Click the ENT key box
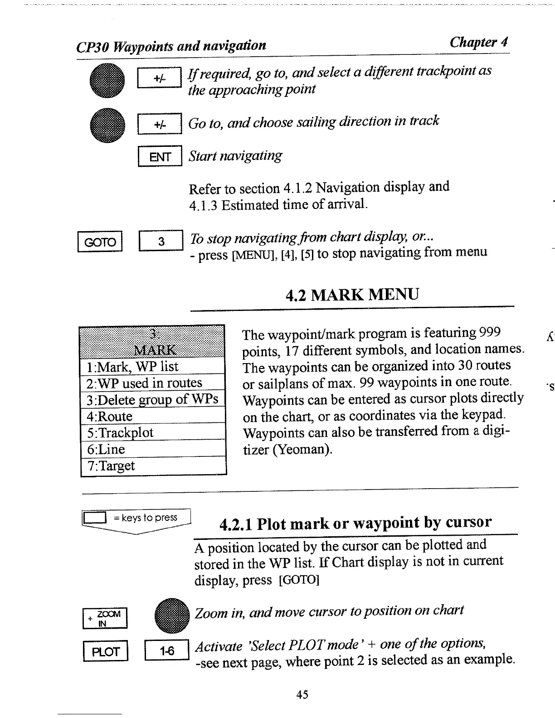160,156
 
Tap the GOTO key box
100,242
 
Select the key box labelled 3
161,242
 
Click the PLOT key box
106,652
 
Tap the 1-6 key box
166,651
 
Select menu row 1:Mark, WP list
153,366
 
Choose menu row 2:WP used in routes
153,383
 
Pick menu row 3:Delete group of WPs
153,399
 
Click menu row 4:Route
153,416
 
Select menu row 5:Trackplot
153,432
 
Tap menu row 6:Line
153,449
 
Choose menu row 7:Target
153,466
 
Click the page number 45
302,694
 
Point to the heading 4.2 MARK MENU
352,295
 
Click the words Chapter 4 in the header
478,42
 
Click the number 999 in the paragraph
490,333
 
